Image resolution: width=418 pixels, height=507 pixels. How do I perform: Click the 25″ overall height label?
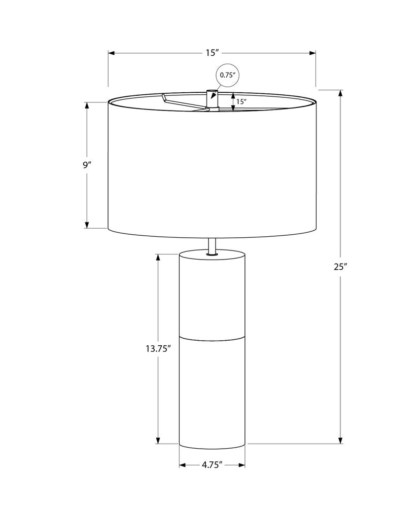click(341, 267)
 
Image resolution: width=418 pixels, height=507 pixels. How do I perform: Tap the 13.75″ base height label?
click(158, 349)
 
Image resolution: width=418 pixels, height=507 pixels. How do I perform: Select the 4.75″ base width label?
click(212, 465)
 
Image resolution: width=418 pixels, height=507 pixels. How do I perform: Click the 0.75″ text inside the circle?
click(227, 75)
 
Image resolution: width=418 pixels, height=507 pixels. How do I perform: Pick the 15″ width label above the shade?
click(212, 53)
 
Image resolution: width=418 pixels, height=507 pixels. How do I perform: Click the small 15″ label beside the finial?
click(241, 101)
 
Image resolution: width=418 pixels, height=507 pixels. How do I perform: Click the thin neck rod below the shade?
click(212, 246)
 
